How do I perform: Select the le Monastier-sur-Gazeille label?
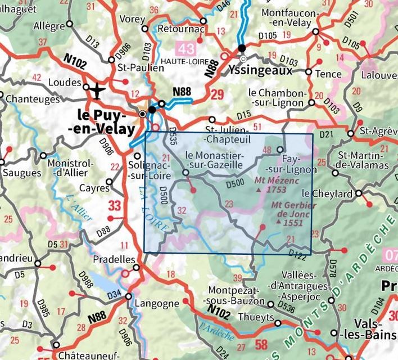214,160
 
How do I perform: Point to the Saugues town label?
19,173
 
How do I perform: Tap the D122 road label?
298,255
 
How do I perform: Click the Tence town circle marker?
309,72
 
